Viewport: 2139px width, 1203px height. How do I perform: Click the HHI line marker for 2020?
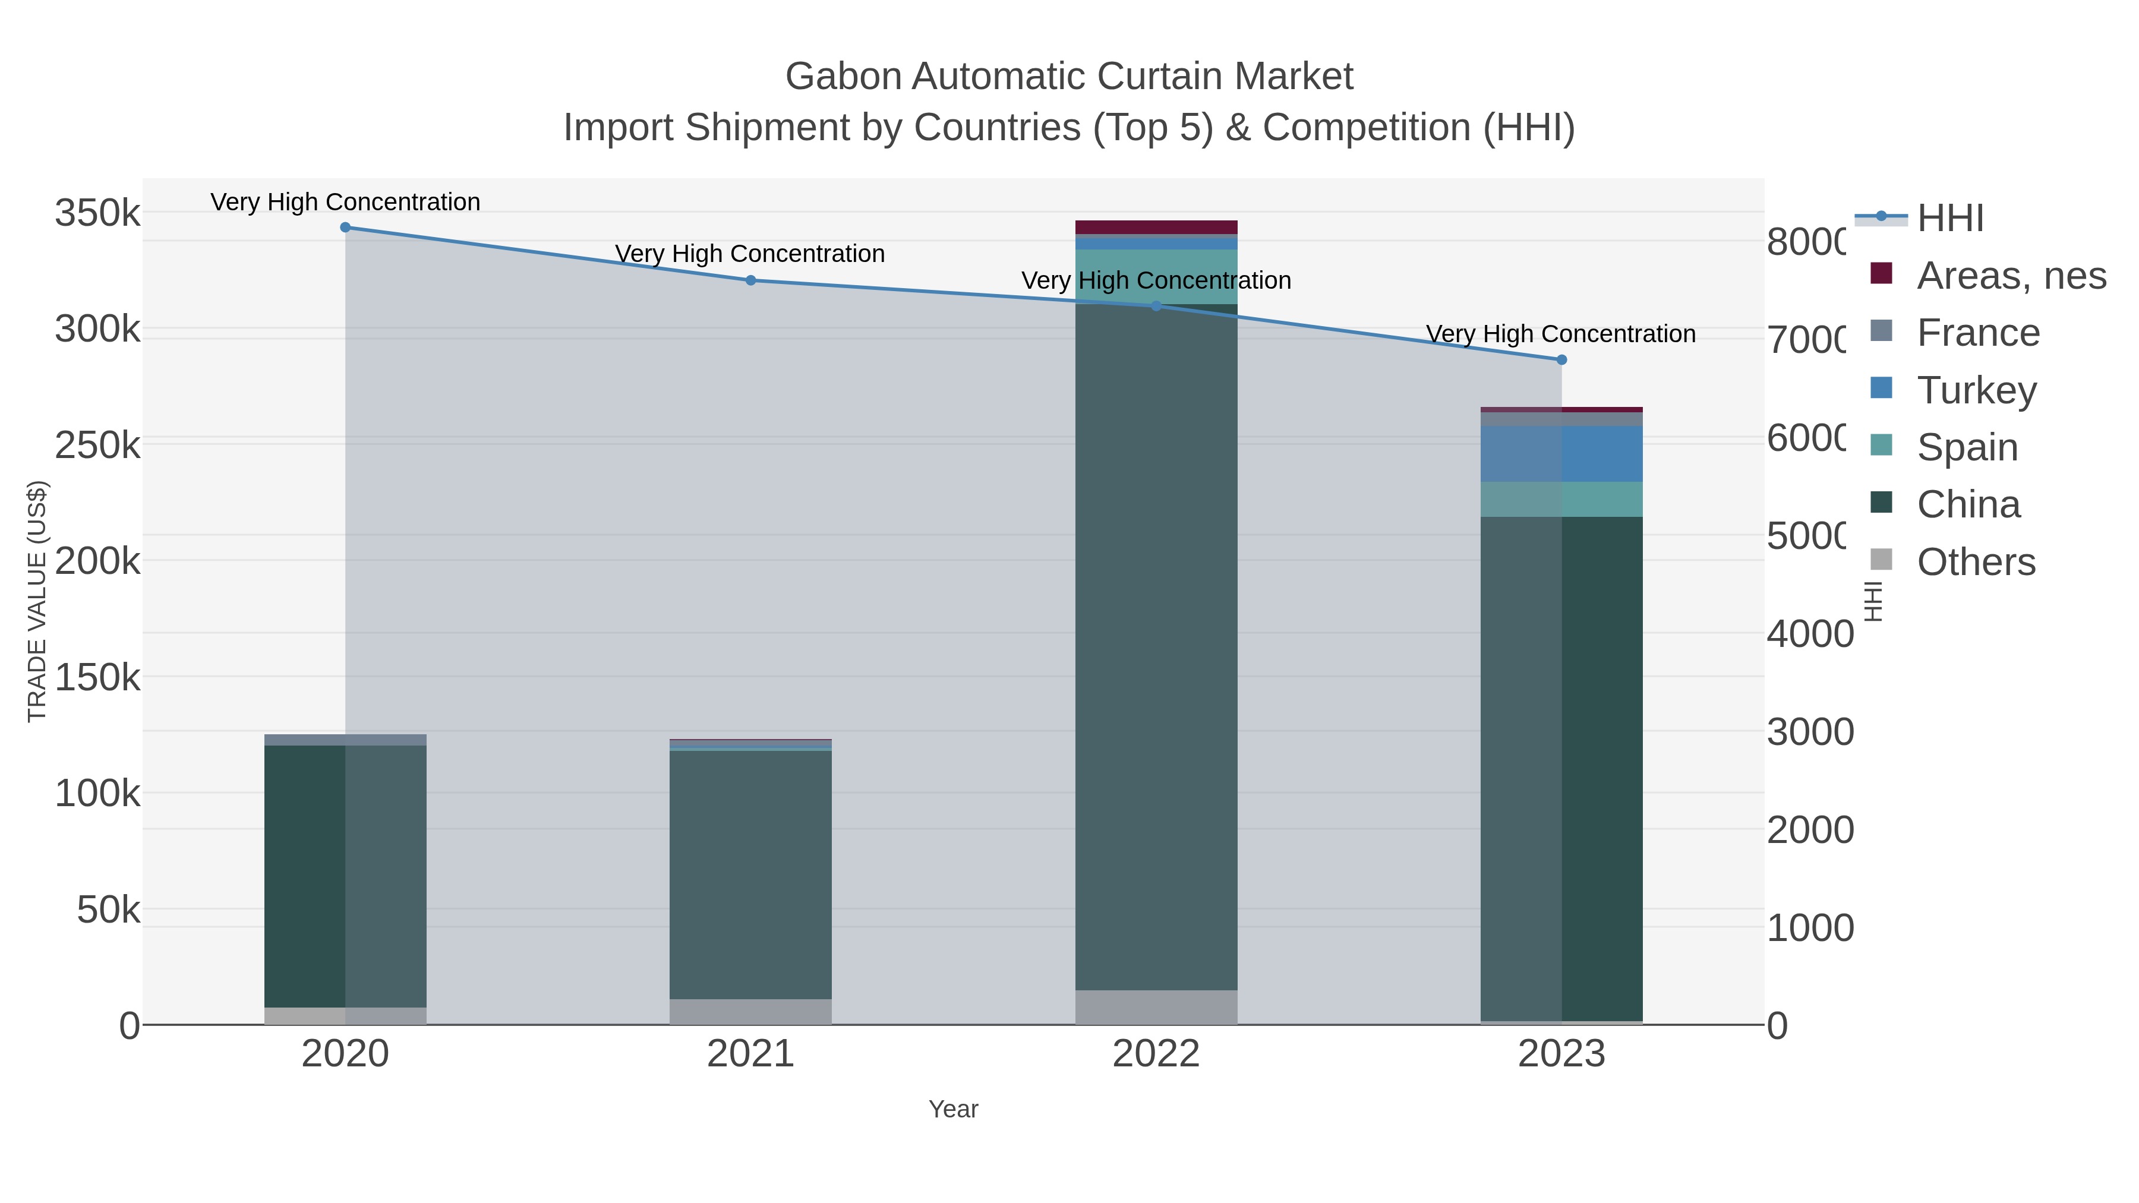345,227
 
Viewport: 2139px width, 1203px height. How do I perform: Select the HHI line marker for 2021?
750,280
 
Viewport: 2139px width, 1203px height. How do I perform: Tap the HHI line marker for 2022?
1156,307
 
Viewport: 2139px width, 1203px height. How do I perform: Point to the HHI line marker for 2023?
1561,359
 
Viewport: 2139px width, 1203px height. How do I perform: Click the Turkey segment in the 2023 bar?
1561,454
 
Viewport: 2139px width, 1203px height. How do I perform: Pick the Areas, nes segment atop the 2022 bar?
1156,227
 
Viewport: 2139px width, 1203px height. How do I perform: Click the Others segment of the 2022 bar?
1156,1006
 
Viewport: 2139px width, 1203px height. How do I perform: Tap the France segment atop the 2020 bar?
345,739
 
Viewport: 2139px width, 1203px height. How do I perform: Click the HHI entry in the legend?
1949,217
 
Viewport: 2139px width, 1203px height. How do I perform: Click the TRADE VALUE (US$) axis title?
37,601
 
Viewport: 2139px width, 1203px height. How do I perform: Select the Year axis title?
953,1109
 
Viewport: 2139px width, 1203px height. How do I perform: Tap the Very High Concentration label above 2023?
1561,334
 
